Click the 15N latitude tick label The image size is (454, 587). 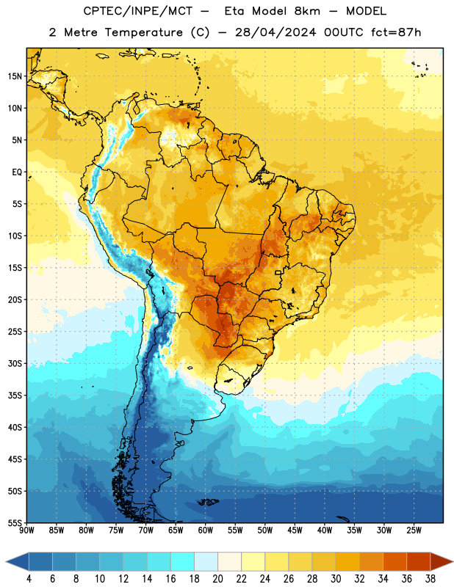tap(15, 76)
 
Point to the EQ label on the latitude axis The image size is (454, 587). tap(17, 172)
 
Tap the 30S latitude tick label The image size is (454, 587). tap(15, 363)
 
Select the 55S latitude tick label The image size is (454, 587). tap(15, 523)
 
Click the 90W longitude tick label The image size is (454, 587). tap(26, 531)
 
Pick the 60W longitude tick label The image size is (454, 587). tap(206, 531)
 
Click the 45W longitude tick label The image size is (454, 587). tap(295, 531)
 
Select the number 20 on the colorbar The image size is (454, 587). tap(217, 579)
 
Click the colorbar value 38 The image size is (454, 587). tap(430, 579)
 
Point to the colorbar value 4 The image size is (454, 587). tap(29, 579)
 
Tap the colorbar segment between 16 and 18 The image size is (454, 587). tap(183, 562)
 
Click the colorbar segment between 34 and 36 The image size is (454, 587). tap(395, 562)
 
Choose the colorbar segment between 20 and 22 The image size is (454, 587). tap(230, 562)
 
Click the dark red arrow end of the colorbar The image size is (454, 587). tap(442, 562)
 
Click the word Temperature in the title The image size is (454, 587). tap(143, 32)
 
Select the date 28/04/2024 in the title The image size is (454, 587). tap(276, 32)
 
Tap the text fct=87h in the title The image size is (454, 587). tap(396, 32)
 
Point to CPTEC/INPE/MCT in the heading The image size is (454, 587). tap(138, 11)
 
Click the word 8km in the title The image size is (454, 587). tap(307, 11)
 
